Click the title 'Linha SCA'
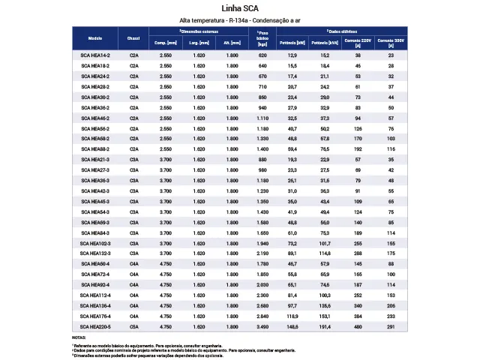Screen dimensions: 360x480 point(239,8)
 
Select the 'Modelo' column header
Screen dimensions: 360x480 point(95,37)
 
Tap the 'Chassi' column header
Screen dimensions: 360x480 point(134,37)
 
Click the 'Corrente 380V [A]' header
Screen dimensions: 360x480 point(391,43)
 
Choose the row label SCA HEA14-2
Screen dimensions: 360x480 point(95,56)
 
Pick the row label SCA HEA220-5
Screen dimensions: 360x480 point(95,327)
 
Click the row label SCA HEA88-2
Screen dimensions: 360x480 point(95,150)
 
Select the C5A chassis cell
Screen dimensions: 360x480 point(134,327)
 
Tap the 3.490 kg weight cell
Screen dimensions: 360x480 point(262,327)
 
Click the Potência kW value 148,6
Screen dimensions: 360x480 point(292,327)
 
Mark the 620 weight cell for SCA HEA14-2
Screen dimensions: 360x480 point(262,56)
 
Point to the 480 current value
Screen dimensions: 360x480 point(358,327)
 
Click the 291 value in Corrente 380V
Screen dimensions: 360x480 point(391,327)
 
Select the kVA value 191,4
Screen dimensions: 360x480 point(324,327)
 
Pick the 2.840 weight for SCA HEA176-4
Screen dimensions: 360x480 point(262,316)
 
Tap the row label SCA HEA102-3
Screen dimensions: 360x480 point(95,244)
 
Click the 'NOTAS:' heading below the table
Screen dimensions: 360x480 point(79,338)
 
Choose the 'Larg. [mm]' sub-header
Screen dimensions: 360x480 point(199,43)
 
